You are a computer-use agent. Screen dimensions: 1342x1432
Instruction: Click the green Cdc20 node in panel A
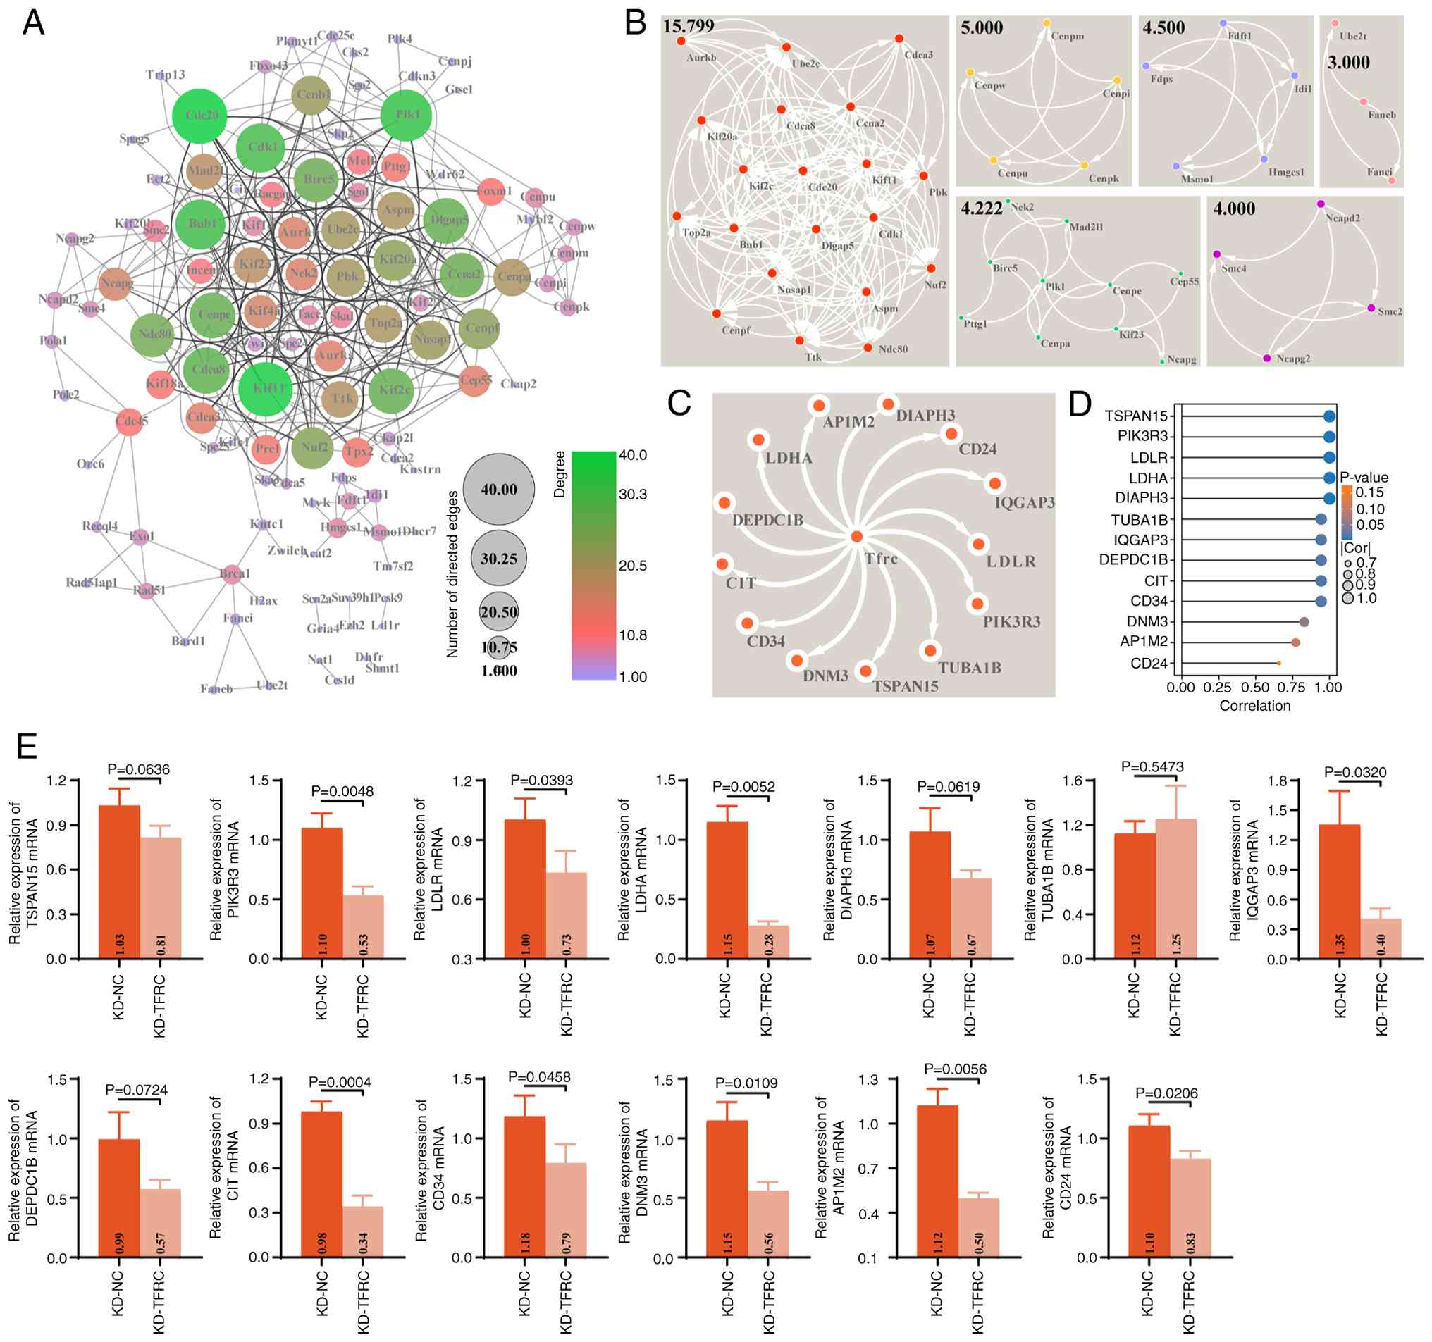200,116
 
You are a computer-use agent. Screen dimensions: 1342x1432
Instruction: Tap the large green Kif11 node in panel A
266,389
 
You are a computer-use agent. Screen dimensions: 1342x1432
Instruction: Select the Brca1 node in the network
232,574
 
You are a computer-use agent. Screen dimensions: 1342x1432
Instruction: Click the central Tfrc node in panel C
856,536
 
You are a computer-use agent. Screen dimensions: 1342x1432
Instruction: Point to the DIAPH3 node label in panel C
925,416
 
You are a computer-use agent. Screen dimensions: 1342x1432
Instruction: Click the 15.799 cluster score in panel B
688,27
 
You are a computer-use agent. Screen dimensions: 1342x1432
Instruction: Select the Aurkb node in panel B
681,41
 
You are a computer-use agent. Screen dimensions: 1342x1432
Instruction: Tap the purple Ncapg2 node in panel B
1267,358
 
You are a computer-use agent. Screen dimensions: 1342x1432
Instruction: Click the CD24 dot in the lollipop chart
1278,663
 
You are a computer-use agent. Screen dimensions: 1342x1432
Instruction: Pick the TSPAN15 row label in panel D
1135,416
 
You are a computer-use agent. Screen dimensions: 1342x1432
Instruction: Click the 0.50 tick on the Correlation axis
1255,687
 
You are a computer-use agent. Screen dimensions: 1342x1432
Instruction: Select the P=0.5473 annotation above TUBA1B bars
1152,766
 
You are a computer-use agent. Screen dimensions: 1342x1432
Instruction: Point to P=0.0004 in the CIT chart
339,1082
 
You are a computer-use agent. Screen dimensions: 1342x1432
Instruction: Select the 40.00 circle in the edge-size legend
498,489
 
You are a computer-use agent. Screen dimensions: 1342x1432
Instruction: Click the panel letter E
27,746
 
